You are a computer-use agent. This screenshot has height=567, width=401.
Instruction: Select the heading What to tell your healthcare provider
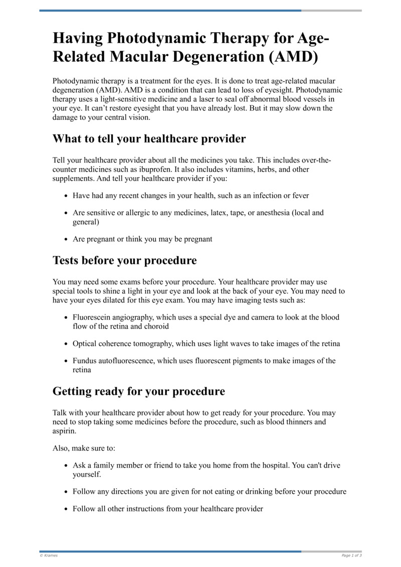[149, 138]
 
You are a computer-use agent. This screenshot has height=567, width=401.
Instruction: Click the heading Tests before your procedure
[124, 260]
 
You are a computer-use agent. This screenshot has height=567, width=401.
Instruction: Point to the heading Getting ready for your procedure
[138, 391]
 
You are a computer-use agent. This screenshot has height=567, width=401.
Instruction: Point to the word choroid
[156, 326]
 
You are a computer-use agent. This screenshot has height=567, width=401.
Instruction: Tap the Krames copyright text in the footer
[49, 555]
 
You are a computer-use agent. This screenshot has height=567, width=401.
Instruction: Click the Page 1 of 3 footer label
[351, 555]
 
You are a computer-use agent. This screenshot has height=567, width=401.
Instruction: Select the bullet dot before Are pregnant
[67, 239]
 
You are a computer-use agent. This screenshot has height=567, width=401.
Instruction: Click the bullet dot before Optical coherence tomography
[67, 344]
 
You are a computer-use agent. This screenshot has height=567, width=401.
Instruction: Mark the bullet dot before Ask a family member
[67, 466]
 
